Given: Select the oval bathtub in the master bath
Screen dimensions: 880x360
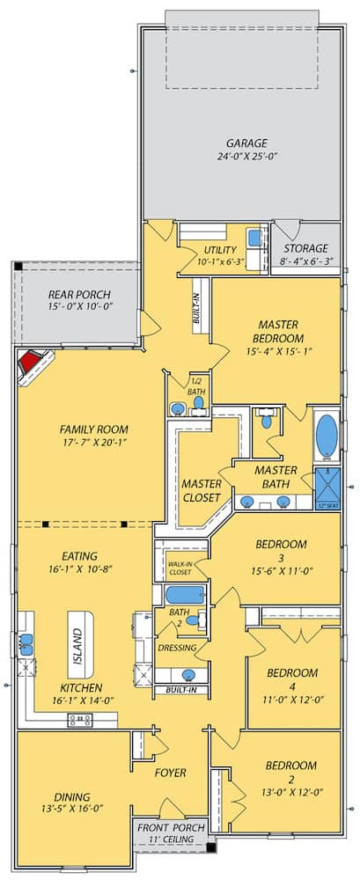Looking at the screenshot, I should pyautogui.click(x=326, y=434).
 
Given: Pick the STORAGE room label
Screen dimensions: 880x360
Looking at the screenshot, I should pyautogui.click(x=305, y=248).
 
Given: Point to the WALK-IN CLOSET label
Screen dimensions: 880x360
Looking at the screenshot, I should pyautogui.click(x=180, y=568).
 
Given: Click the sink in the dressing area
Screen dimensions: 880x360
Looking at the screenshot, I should pyautogui.click(x=188, y=675).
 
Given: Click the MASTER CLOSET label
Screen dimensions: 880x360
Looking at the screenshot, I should pyautogui.click(x=202, y=490).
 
